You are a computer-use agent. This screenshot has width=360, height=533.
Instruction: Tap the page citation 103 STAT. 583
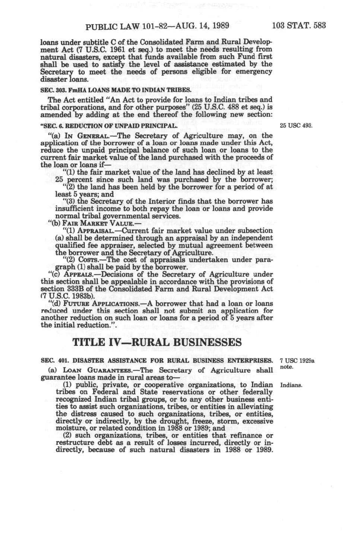(299, 26)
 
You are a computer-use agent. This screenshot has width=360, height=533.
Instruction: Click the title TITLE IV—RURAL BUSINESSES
(157, 342)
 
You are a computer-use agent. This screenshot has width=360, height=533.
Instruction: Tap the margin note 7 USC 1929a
(297, 361)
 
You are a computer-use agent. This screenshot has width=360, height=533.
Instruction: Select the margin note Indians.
(291, 385)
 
